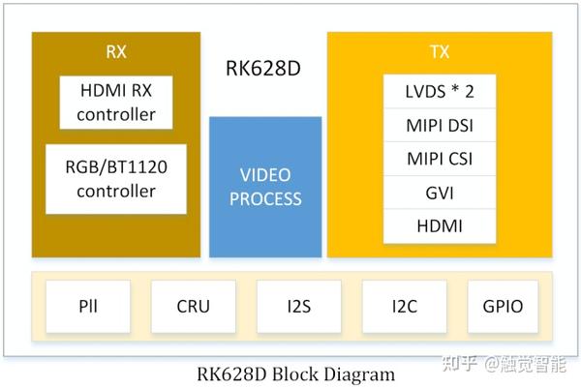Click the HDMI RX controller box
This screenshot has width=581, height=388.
point(115,103)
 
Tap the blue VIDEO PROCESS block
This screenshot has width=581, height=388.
point(265,187)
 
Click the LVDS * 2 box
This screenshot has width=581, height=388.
point(439,93)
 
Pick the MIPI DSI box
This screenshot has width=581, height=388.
point(439,126)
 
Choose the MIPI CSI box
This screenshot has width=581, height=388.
point(439,159)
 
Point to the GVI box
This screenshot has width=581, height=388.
point(439,193)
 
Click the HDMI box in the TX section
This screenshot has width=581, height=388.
point(439,225)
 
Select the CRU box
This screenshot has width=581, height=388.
point(192,307)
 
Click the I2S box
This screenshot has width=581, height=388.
point(298,307)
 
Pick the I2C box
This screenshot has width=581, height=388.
point(404,307)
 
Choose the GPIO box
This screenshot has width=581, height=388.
point(502,307)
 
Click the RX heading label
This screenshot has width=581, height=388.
point(115,51)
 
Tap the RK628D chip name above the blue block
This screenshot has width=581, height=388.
point(264,71)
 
